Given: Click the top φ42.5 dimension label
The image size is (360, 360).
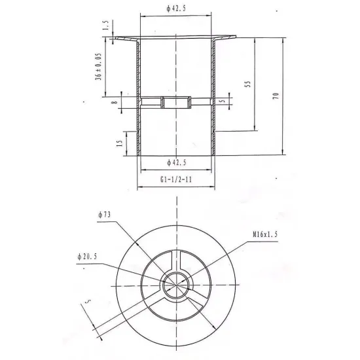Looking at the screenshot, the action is coord(176,9).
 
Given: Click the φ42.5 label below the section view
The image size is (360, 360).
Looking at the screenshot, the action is coord(177,162).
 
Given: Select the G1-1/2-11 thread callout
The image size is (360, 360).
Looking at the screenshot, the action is coord(176,179).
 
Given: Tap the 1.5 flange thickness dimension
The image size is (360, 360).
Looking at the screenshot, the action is coord(105,26).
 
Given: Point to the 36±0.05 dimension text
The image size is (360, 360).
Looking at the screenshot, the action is coord(98,67).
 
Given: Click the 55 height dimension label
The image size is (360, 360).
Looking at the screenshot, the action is coord(248,84).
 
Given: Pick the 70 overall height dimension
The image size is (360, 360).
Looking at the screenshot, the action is coord(276,96).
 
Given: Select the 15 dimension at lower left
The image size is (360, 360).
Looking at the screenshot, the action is coord(119,143).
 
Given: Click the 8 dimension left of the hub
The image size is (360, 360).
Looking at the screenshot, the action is coord(115,102).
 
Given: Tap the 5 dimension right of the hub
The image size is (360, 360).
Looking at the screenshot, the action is coord(223,101).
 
